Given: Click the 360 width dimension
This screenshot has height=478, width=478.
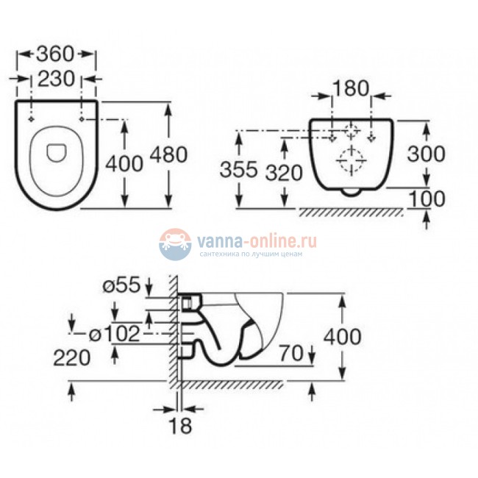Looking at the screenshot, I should tap(56, 54).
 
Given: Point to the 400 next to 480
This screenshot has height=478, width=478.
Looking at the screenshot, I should tap(125, 163).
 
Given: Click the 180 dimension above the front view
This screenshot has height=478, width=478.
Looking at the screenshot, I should tap(351, 88).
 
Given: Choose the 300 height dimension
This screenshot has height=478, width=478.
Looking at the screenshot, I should tap(427, 154).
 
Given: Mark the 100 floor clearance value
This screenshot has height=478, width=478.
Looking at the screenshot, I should tap(427, 198).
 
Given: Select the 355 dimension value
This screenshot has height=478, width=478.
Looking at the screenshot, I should tap(238, 171).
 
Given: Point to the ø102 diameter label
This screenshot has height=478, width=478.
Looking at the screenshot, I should tap(114, 335).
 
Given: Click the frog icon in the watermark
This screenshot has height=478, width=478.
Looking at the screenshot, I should tap(174, 244).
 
